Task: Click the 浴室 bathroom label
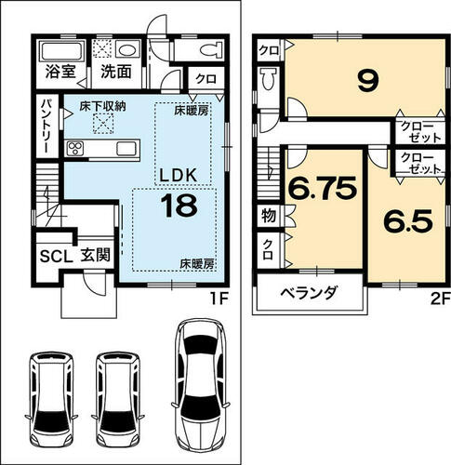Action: (x=60, y=72)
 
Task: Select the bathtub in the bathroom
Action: (x=61, y=50)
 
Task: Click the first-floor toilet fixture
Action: (x=211, y=49)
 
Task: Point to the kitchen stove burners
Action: (x=75, y=149)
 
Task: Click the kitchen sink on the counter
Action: (x=126, y=149)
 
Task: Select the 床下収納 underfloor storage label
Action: (x=102, y=107)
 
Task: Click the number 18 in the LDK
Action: (x=179, y=206)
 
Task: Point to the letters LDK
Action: (x=178, y=176)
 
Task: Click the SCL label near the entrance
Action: (x=56, y=256)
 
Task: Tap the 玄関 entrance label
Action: (x=96, y=256)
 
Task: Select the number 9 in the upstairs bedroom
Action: (x=368, y=80)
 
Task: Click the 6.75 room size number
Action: (x=323, y=188)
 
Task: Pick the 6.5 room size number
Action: (x=407, y=220)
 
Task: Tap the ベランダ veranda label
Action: (x=309, y=292)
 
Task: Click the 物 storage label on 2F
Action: (x=269, y=216)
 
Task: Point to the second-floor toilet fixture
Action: (x=268, y=78)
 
